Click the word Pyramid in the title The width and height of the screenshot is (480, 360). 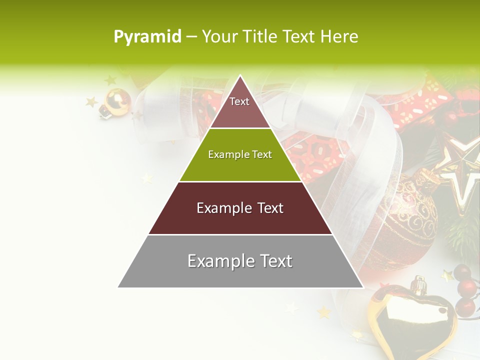click(x=147, y=37)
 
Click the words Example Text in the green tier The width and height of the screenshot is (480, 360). click(x=240, y=154)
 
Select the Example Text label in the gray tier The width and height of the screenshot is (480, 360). click(x=240, y=261)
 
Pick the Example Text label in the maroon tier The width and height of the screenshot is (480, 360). click(x=240, y=208)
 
